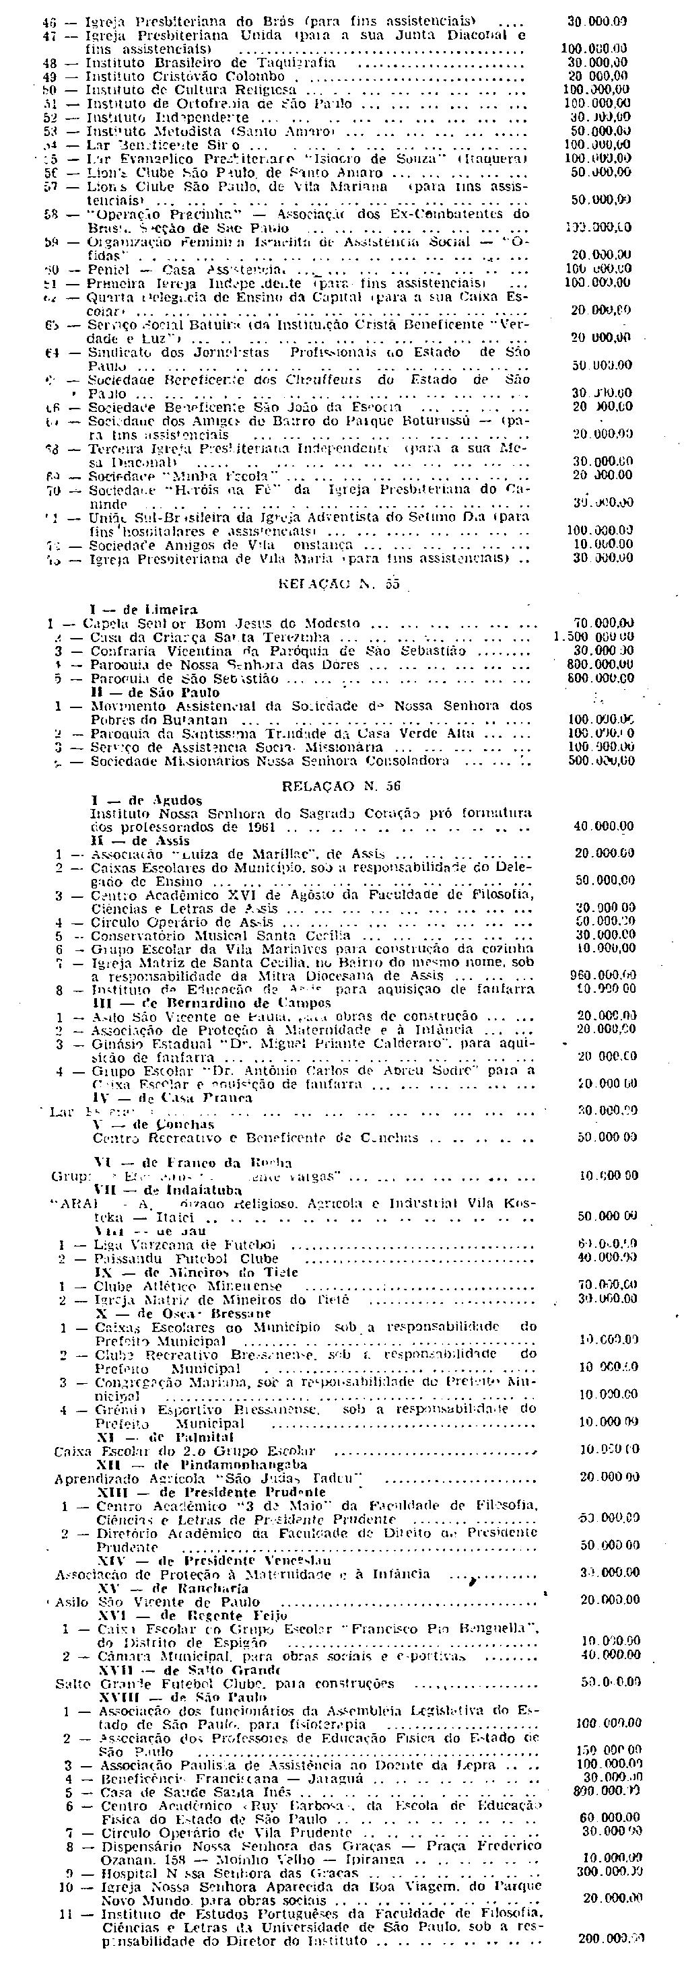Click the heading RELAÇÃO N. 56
click(341, 785)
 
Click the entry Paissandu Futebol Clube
click(186, 1259)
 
